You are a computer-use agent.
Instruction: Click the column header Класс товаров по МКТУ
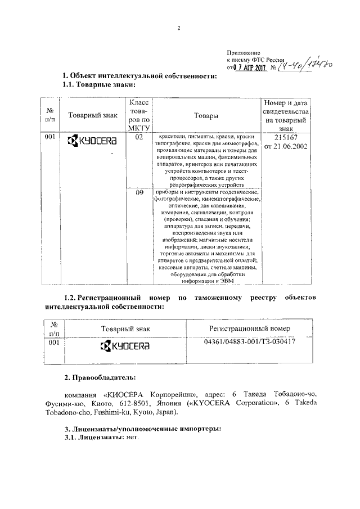[x=139, y=116]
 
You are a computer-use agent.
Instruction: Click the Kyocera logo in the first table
[x=92, y=140]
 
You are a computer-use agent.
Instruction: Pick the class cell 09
[x=139, y=193]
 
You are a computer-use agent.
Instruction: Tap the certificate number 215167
[x=287, y=137]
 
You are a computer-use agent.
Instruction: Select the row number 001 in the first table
[x=51, y=137]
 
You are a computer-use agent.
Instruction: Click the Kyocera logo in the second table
[x=125, y=345]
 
